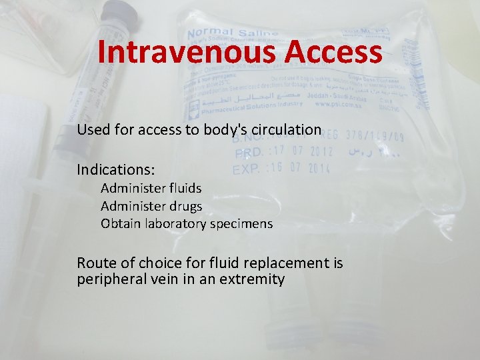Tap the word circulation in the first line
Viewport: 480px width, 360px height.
(288, 129)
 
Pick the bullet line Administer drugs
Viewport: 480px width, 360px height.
(151, 207)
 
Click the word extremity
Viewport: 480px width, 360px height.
(256, 279)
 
